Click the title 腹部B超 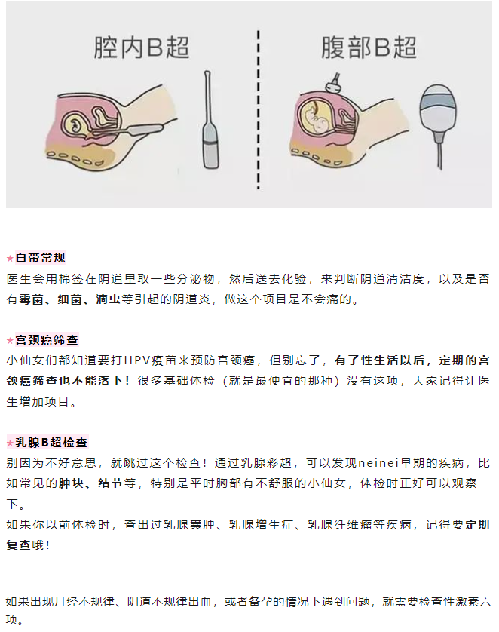click(x=369, y=47)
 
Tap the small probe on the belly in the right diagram click(x=331, y=84)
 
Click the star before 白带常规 click(x=10, y=259)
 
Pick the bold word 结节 click(x=110, y=483)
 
